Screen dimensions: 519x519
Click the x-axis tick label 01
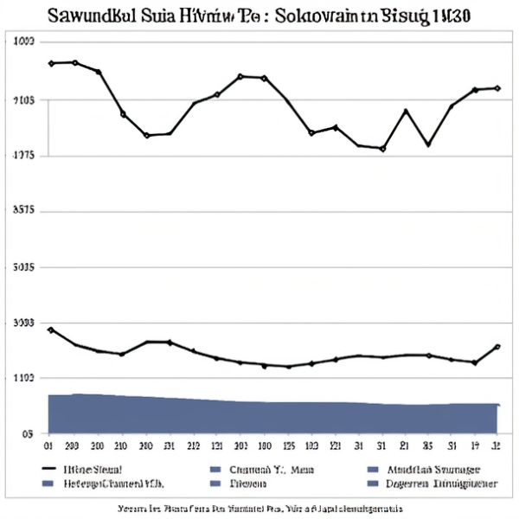pyautogui.click(x=49, y=447)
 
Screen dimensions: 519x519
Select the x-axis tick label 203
pyautogui.click(x=73, y=447)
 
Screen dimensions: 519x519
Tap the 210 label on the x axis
pyautogui.click(x=121, y=447)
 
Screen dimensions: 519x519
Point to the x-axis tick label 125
pyautogui.click(x=289, y=447)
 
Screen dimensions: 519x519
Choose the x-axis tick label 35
pyautogui.click(x=427, y=447)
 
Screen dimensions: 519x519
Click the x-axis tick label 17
pyautogui.click(x=474, y=447)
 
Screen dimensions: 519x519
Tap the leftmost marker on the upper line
pyautogui.click(x=51, y=63)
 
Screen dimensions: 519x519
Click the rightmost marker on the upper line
pyautogui.click(x=497, y=87)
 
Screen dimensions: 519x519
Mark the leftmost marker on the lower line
pyautogui.click(x=51, y=330)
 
